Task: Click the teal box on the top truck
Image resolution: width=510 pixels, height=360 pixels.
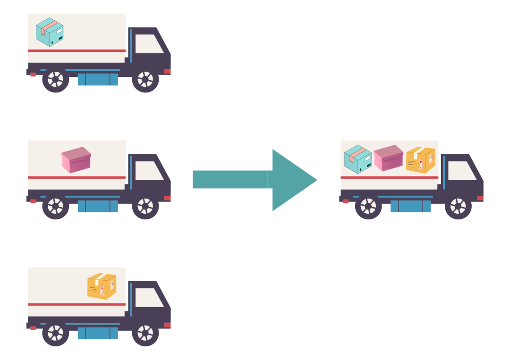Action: [50, 32]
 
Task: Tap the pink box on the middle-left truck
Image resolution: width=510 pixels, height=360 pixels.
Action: [76, 159]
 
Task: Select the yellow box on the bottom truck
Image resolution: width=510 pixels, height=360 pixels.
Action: [102, 286]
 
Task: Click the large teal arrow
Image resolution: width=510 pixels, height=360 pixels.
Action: [255, 180]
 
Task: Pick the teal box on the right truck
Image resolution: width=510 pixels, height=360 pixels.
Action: [357, 159]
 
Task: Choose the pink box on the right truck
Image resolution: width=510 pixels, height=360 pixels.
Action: [388, 158]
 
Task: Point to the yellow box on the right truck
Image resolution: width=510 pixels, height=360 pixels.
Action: [420, 159]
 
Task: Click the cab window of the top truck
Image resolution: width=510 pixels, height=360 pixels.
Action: [148, 44]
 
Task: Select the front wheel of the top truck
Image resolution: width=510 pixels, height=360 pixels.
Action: [145, 79]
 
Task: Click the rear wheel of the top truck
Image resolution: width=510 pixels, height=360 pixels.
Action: [56, 79]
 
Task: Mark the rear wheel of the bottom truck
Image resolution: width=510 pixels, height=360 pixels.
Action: [56, 333]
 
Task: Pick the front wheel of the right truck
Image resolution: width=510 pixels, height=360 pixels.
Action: [458, 206]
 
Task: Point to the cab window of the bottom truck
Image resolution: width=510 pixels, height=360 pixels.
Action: [148, 298]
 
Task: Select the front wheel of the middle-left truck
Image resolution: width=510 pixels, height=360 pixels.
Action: [145, 206]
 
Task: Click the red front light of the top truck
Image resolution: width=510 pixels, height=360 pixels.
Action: [167, 71]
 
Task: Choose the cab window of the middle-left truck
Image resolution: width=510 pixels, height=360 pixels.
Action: [148, 171]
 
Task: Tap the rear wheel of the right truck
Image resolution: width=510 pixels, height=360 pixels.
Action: [368, 206]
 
